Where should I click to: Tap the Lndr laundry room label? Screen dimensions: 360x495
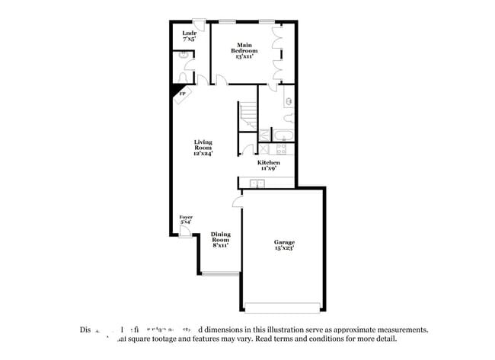point(190,35)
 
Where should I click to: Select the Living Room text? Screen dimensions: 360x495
point(203,148)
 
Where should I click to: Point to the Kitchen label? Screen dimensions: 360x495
point(268,164)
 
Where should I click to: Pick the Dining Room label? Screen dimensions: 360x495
point(221,239)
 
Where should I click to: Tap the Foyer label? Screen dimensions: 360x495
point(186,219)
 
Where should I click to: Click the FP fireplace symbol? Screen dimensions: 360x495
point(182,94)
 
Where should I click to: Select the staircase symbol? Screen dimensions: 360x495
point(249,116)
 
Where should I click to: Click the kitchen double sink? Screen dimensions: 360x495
point(257,183)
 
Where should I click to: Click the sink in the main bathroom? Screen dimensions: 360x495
point(289,100)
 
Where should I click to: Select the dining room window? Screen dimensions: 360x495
point(222,273)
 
